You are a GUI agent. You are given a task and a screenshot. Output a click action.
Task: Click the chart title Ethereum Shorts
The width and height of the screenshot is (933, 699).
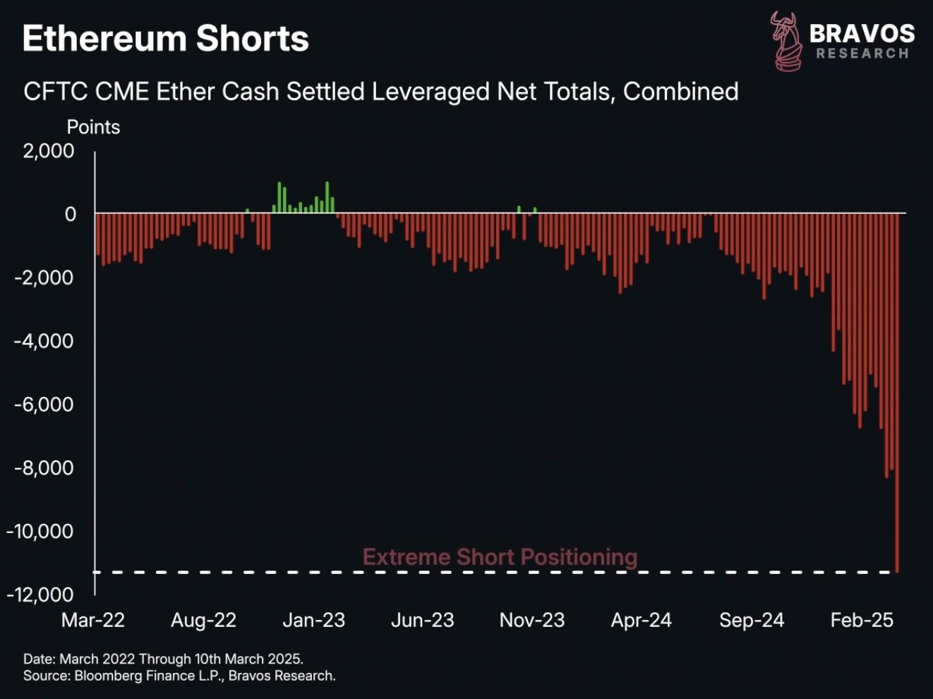165,39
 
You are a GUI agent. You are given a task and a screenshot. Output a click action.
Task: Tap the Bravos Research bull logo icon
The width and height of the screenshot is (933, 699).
785,41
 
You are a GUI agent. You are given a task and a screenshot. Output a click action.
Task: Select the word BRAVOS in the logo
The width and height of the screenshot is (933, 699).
862,33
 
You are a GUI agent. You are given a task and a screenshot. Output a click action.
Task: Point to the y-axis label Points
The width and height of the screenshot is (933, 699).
93,127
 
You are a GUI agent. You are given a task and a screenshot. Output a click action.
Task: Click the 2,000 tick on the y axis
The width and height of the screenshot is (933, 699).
49,151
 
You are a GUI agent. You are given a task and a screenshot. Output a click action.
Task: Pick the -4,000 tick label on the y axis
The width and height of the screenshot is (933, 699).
44,341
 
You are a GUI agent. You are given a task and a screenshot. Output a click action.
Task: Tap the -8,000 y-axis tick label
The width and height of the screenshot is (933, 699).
44,468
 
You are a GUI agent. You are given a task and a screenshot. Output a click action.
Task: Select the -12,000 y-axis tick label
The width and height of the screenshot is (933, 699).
40,595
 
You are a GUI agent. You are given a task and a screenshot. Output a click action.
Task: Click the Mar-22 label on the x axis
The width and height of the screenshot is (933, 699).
93,620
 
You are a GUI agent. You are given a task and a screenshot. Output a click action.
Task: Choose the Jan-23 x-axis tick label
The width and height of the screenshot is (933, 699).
313,620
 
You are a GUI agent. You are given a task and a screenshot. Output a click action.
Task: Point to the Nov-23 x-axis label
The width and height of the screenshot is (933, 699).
532,620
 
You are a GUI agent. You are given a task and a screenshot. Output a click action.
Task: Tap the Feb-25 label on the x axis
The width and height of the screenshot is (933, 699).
862,620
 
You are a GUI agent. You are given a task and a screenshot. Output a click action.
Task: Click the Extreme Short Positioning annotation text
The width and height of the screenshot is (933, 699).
500,557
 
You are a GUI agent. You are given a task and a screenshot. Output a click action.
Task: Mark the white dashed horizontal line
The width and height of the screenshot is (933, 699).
282,572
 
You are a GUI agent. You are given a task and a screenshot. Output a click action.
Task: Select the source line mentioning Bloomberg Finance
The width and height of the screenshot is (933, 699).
179,676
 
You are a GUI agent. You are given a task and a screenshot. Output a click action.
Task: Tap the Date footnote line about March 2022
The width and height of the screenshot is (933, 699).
163,659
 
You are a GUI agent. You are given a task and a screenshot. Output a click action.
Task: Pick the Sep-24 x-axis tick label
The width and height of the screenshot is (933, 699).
752,620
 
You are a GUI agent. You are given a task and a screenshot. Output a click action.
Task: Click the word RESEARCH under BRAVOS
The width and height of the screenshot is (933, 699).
862,54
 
